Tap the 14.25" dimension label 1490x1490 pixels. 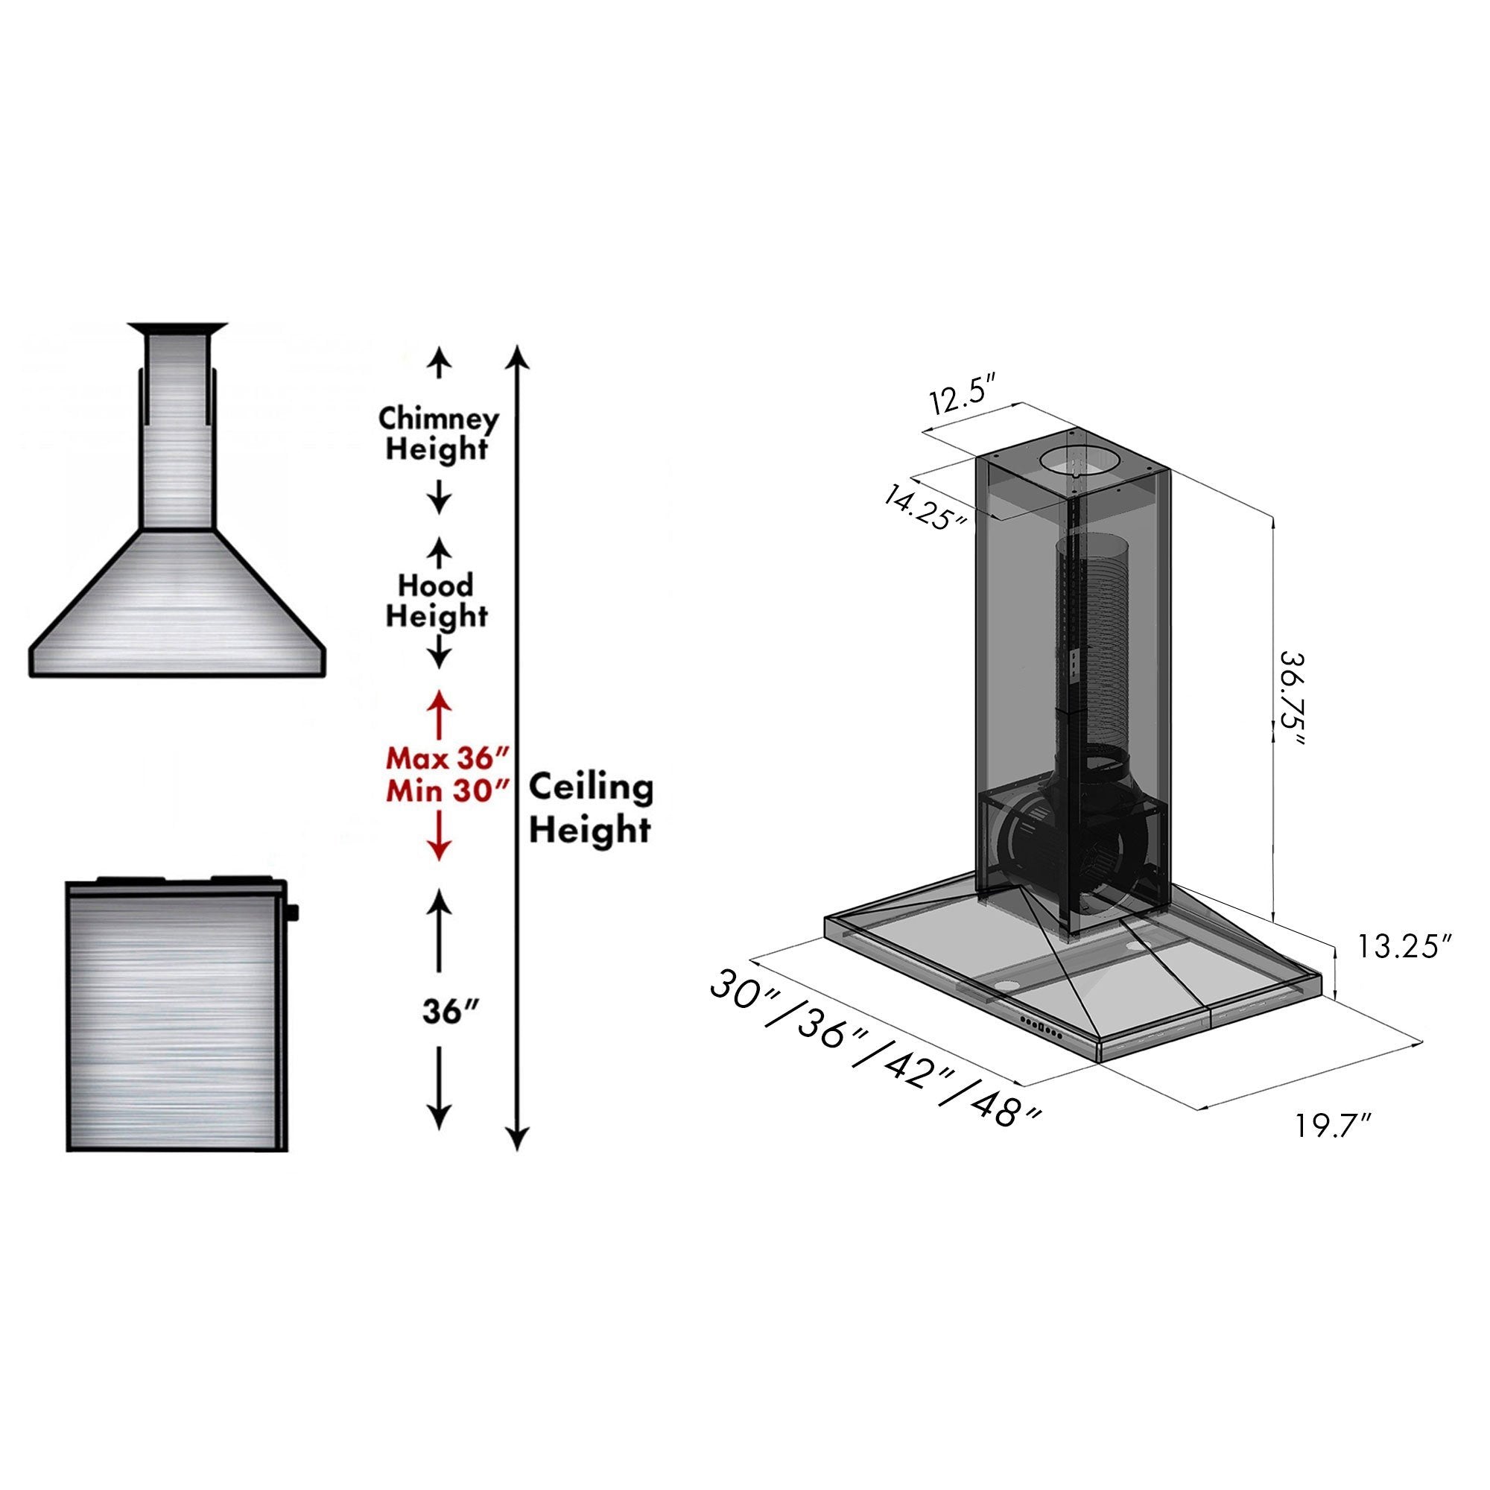(926, 504)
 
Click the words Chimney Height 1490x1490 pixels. (437, 434)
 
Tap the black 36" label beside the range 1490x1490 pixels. (452, 1011)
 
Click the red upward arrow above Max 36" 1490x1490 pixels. (439, 714)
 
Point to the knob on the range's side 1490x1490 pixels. (292, 914)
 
